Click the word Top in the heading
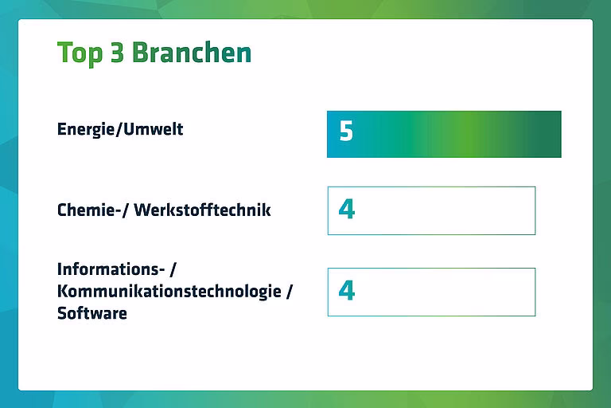click(80, 53)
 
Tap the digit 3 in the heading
click(117, 53)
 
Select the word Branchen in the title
click(192, 53)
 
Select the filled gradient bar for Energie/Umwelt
click(444, 135)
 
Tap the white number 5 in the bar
click(346, 131)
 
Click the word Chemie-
click(89, 210)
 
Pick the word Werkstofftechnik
click(202, 210)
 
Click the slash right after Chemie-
click(125, 210)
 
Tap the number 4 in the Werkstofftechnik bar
click(346, 210)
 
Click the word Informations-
click(111, 269)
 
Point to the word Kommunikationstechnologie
click(169, 292)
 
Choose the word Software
click(92, 313)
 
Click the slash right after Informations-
click(173, 270)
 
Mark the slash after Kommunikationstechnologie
click(289, 292)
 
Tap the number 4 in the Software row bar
click(346, 291)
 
